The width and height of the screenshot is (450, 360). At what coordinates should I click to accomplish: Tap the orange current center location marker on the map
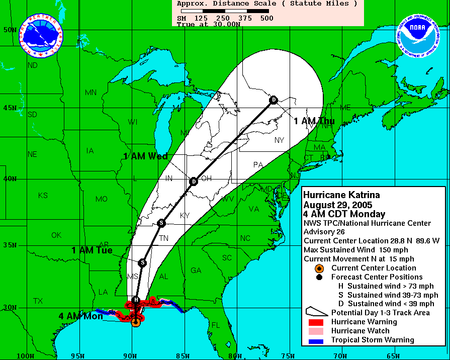(136, 322)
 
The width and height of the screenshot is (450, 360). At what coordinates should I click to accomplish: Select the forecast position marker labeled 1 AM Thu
(274, 100)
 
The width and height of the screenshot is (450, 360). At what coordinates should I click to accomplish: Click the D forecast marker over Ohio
(194, 181)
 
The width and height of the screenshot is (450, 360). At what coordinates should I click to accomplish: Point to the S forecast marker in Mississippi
(143, 262)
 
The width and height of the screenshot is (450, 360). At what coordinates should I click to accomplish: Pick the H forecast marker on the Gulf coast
(136, 301)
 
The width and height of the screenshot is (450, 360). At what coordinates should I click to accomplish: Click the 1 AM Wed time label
(145, 156)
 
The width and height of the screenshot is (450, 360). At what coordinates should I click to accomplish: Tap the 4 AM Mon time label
(80, 316)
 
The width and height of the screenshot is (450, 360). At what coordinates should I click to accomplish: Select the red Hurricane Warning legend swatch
(316, 322)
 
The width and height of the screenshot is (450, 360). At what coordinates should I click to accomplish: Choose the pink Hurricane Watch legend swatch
(316, 331)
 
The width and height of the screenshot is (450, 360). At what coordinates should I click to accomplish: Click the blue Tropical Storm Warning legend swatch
(316, 340)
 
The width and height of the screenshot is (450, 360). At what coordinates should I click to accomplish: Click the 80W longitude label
(235, 355)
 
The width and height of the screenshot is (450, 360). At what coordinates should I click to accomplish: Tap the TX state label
(38, 301)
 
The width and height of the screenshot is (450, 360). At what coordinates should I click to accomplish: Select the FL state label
(216, 325)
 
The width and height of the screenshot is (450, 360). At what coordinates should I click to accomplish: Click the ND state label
(33, 65)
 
